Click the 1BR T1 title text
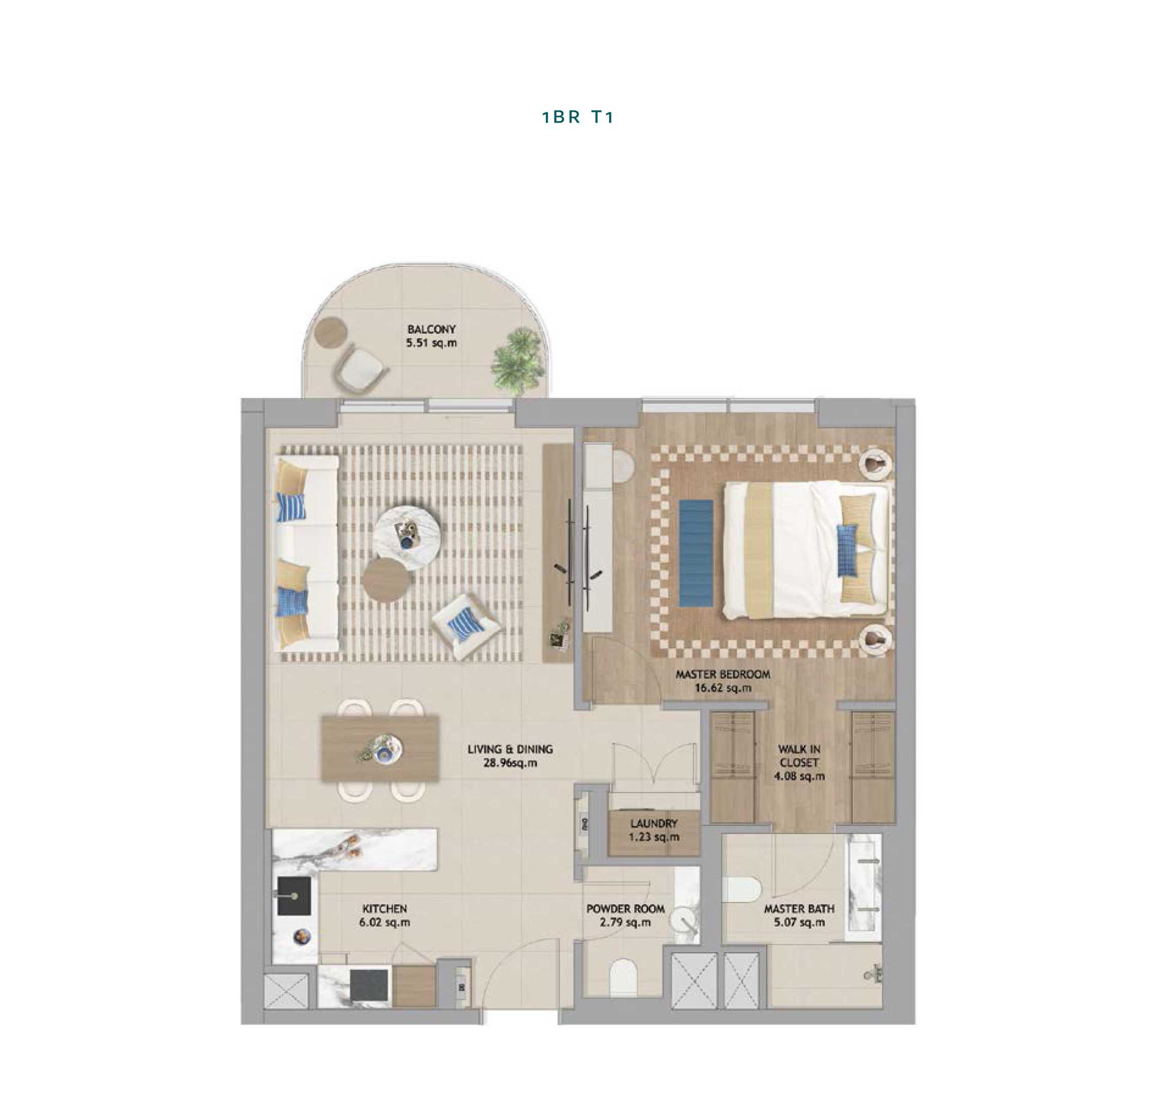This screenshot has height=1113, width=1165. [577, 117]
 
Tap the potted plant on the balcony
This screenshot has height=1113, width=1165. [517, 361]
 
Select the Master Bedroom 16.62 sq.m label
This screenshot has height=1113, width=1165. [723, 681]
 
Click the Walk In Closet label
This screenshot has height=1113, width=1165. [799, 762]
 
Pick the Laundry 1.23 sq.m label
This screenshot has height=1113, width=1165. [654, 830]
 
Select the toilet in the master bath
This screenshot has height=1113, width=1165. [742, 889]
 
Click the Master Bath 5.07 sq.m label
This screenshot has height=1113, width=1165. [799, 915]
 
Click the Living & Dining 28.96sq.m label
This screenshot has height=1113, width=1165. [510, 756]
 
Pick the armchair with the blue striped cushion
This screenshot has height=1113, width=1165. [465, 625]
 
